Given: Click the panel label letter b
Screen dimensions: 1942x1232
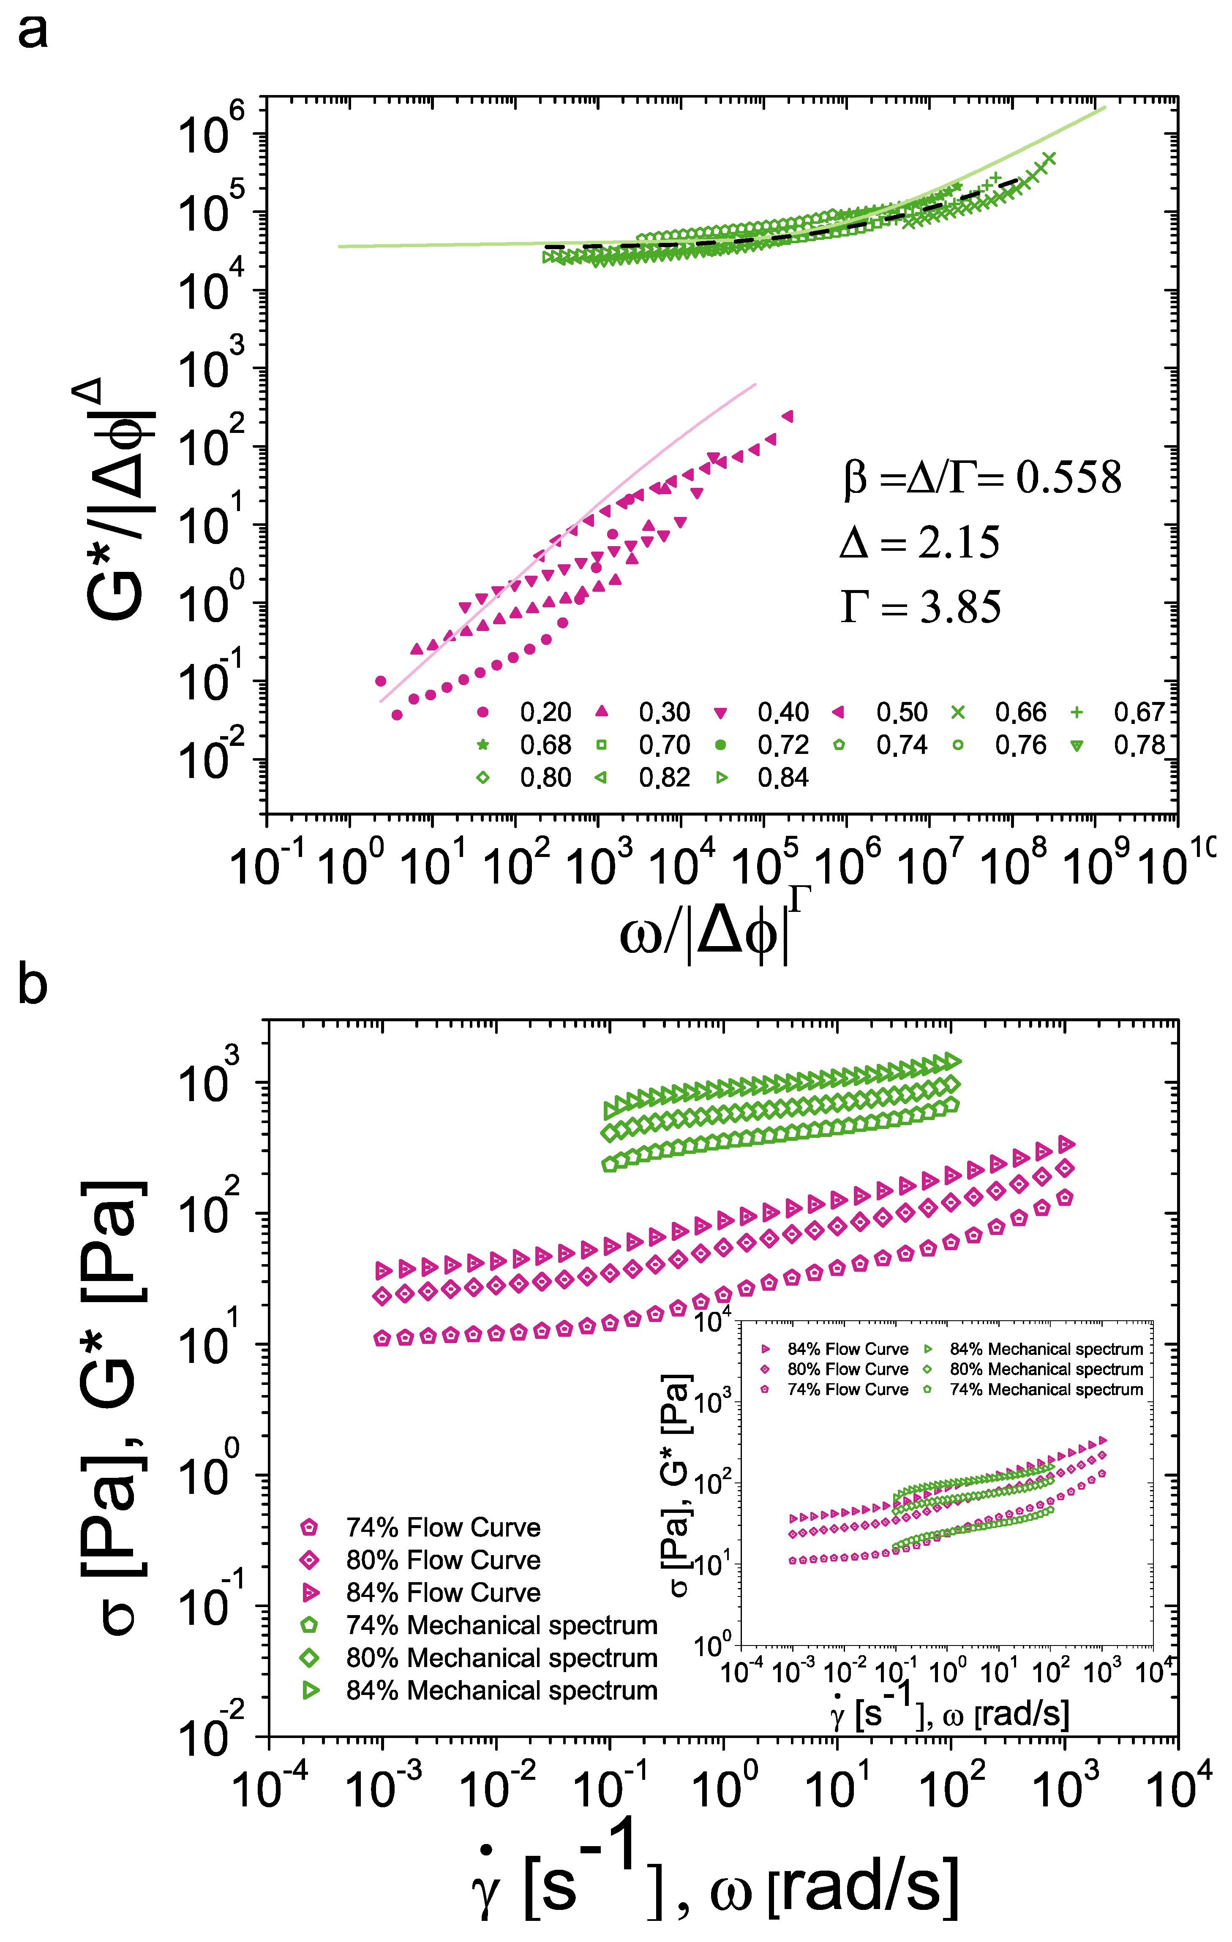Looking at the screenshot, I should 32,985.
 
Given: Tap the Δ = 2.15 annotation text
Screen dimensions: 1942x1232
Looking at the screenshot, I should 920,542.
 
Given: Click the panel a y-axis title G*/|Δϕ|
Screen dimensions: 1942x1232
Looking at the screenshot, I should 117,500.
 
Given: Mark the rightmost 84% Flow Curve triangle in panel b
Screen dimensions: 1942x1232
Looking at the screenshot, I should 1067,1144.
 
